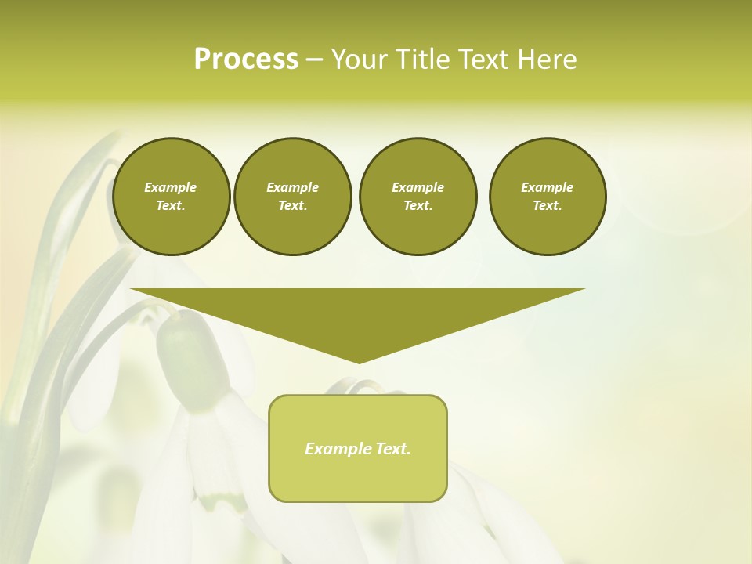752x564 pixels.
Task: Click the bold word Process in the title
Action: pos(246,60)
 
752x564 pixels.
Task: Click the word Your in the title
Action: pos(359,60)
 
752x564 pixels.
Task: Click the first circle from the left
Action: pos(171,196)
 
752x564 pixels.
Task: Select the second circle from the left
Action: pos(292,196)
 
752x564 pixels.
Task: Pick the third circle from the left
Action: pos(418,196)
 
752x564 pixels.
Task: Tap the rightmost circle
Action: pos(548,196)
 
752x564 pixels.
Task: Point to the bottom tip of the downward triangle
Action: pos(359,362)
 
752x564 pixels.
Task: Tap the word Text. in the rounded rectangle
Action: pos(392,449)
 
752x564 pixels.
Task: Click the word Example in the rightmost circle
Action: pos(548,187)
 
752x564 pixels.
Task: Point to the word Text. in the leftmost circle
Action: pos(171,205)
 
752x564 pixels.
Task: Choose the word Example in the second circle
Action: pos(292,187)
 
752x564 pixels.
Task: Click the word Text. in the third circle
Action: pos(418,205)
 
